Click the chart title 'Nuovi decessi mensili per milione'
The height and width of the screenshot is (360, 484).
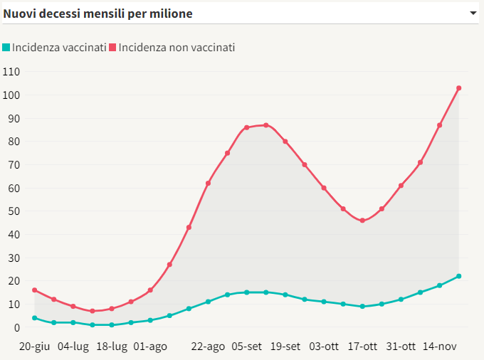click(x=98, y=14)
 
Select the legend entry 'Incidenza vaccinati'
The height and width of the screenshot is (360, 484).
click(x=59, y=48)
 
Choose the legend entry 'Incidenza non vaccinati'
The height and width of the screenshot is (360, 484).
click(x=177, y=48)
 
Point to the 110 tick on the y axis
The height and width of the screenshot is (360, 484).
click(x=11, y=72)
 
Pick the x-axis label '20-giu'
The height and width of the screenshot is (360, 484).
click(x=33, y=346)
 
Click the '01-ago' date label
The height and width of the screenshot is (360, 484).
click(x=150, y=346)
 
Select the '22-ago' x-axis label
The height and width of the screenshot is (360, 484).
click(x=208, y=346)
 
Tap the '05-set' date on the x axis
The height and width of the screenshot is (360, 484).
click(x=247, y=346)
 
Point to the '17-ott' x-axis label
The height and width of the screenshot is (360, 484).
click(x=362, y=346)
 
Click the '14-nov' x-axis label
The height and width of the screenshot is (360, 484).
click(x=439, y=346)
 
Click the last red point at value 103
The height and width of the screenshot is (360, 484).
click(x=459, y=88)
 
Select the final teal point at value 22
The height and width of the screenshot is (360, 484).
click(x=459, y=276)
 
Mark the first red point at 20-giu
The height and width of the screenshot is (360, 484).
click(x=34, y=290)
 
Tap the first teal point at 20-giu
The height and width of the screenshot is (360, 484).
click(x=34, y=318)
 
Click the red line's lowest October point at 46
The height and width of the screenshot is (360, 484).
click(x=362, y=221)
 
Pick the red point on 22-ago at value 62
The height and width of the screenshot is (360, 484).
click(x=208, y=184)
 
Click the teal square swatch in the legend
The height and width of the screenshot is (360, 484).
click(x=6, y=48)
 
